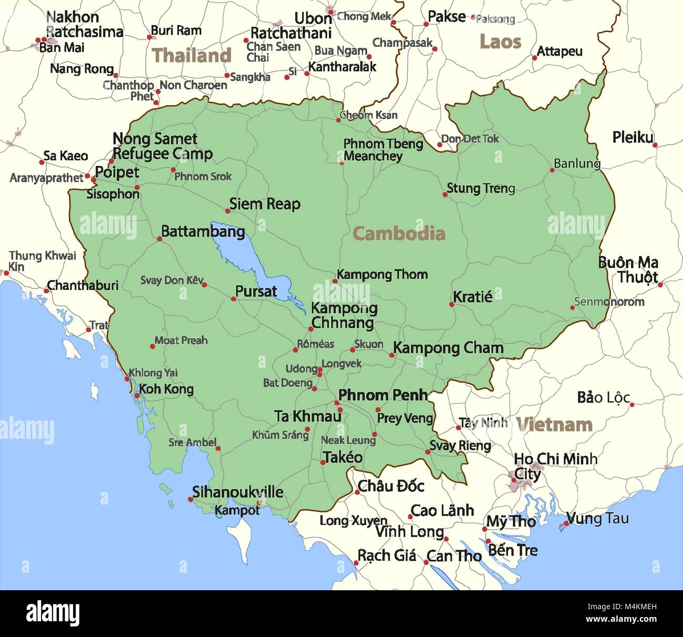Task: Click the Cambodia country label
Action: click(399, 233)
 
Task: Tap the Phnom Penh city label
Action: click(382, 395)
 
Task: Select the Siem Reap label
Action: click(264, 204)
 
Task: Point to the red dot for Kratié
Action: click(451, 304)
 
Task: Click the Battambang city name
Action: click(203, 231)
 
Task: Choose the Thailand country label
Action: click(191, 55)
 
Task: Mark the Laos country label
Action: click(500, 42)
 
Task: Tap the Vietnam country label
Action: click(554, 424)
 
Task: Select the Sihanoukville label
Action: click(237, 492)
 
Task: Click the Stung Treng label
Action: click(481, 188)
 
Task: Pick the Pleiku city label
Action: click(633, 138)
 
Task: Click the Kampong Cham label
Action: click(448, 347)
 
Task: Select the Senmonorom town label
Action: click(609, 302)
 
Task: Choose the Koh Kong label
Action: click(166, 389)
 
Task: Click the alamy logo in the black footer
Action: click(53, 613)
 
